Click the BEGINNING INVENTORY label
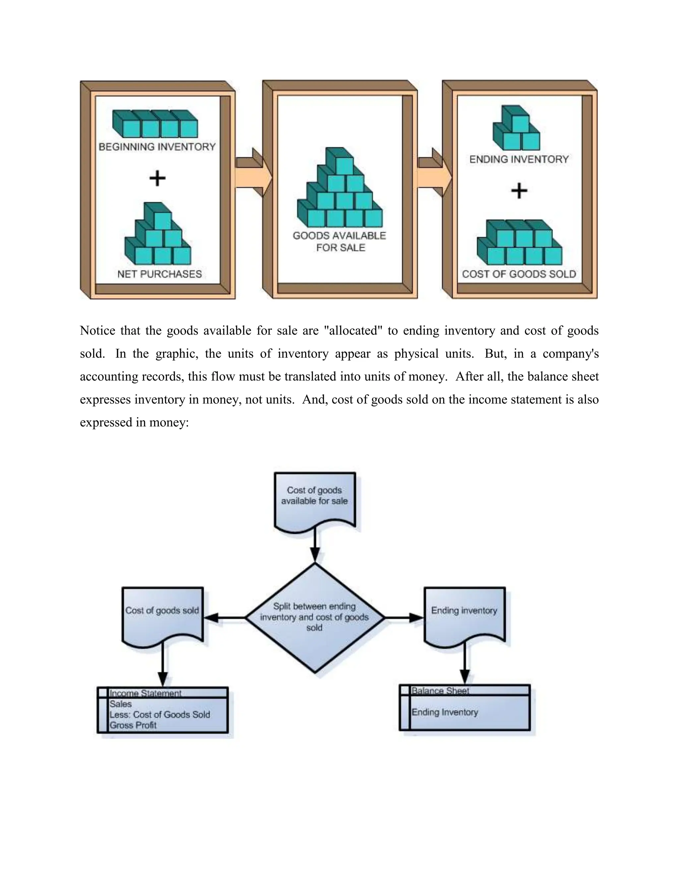157,147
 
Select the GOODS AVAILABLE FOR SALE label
339,241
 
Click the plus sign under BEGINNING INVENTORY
157,178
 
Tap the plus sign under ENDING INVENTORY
519,191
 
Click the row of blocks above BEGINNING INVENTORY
155,124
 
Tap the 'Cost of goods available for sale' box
315,501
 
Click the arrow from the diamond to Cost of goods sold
225,617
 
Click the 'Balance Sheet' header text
440,691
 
